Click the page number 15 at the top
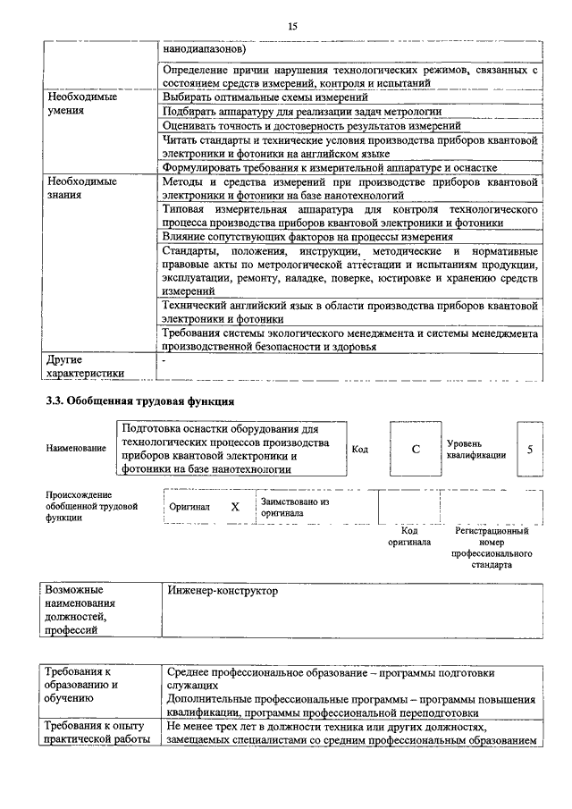coord(292,27)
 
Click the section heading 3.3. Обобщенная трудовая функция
coord(140,400)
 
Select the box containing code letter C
coord(416,449)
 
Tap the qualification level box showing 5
coord(530,449)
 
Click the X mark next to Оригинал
coord(235,506)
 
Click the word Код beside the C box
coord(360,449)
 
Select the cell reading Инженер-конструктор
coord(223,591)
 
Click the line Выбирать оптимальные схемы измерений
coord(266,97)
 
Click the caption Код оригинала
coord(408,536)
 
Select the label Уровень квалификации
coord(476,449)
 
